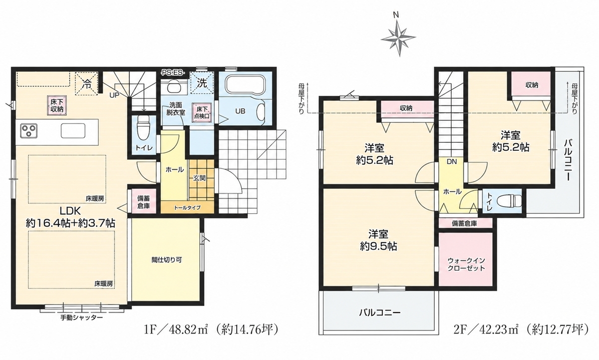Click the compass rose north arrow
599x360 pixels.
(398, 38)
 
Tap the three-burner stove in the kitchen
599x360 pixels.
(28, 131)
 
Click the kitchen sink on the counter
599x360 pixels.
(73, 131)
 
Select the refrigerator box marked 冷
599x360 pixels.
(86, 83)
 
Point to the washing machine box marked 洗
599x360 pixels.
(202, 83)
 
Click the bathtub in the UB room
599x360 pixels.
(245, 84)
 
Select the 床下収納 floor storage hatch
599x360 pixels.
(57, 106)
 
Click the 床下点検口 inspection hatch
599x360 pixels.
(203, 113)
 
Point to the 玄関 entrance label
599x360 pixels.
(200, 178)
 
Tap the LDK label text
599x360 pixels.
(70, 211)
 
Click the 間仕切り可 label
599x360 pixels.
(167, 260)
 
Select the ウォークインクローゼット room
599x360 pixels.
(466, 261)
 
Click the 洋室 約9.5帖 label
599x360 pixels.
(378, 240)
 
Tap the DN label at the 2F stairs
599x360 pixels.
(452, 162)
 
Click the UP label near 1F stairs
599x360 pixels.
(114, 95)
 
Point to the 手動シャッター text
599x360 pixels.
(81, 318)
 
